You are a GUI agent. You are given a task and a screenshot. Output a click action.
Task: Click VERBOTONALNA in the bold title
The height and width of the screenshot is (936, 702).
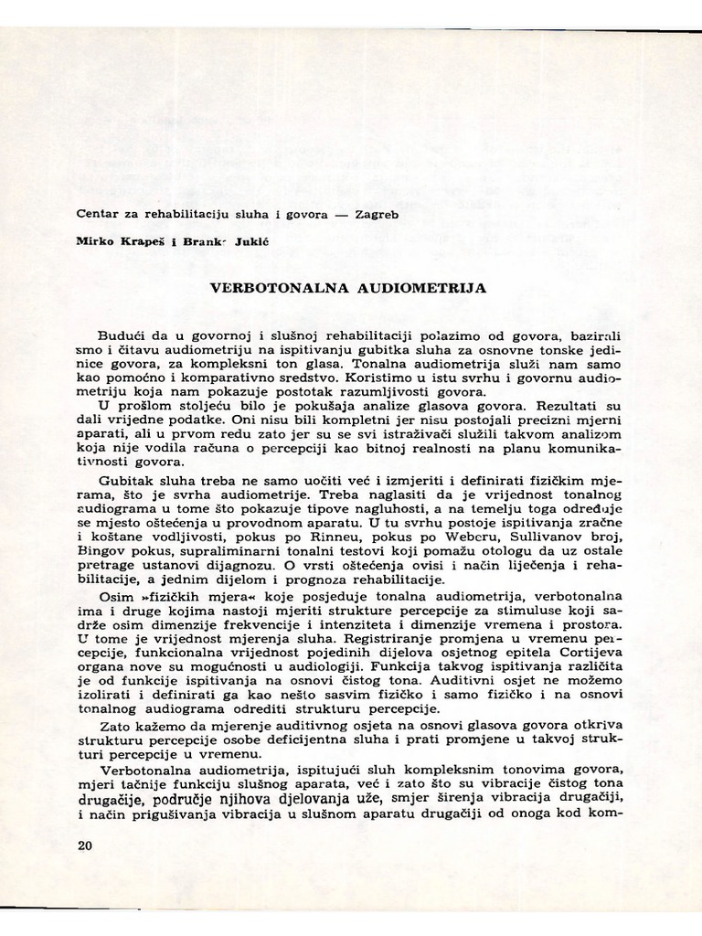point(268,287)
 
